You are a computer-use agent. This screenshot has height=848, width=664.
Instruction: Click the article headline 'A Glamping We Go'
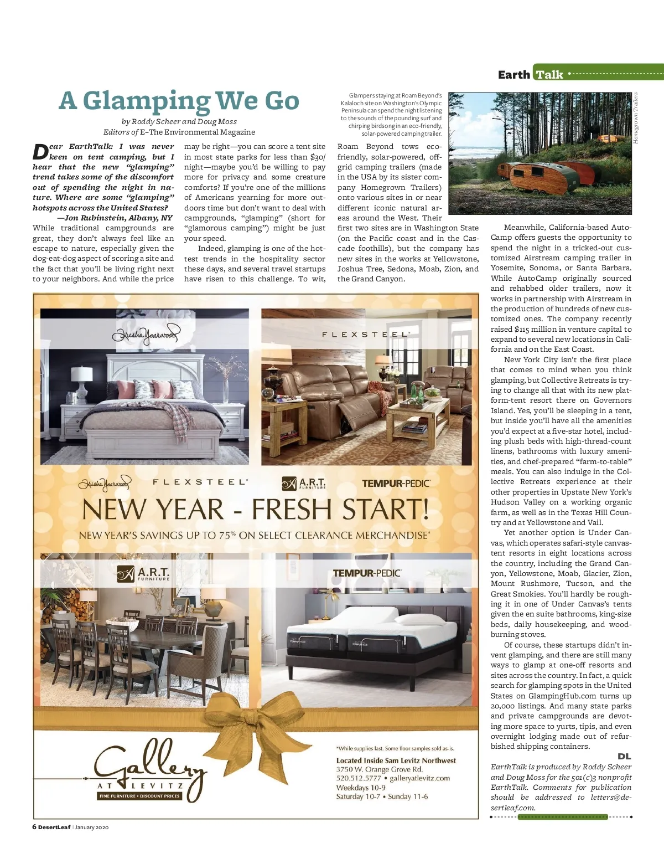(x=179, y=100)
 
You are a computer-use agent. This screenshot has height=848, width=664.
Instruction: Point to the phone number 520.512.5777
(x=359, y=778)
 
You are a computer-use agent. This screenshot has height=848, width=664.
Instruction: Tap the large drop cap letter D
(x=40, y=151)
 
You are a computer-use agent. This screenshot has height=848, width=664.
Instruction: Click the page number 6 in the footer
(x=34, y=828)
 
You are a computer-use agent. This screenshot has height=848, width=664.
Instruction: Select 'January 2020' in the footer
(x=92, y=828)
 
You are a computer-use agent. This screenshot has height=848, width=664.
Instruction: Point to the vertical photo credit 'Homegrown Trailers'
(x=636, y=118)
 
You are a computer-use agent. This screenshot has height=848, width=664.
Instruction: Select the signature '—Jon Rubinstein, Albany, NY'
(x=118, y=218)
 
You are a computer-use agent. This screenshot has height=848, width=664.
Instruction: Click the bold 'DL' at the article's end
(x=624, y=757)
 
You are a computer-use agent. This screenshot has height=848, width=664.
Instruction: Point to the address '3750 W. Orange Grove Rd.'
(x=380, y=769)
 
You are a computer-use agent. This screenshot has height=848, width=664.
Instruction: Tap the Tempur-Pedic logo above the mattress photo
(x=367, y=573)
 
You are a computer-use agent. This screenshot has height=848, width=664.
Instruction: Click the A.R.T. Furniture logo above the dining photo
(x=144, y=573)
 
